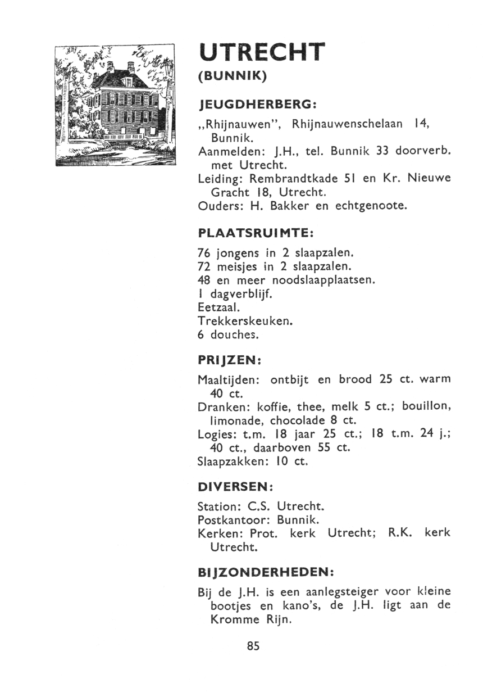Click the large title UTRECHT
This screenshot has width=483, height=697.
click(262, 54)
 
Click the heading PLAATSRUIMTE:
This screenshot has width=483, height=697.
click(256, 232)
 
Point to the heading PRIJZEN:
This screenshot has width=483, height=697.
click(230, 359)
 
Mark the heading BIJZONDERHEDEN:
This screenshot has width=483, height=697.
click(266, 572)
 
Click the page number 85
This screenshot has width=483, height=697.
click(253, 646)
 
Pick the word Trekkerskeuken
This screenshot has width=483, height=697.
click(245, 321)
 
